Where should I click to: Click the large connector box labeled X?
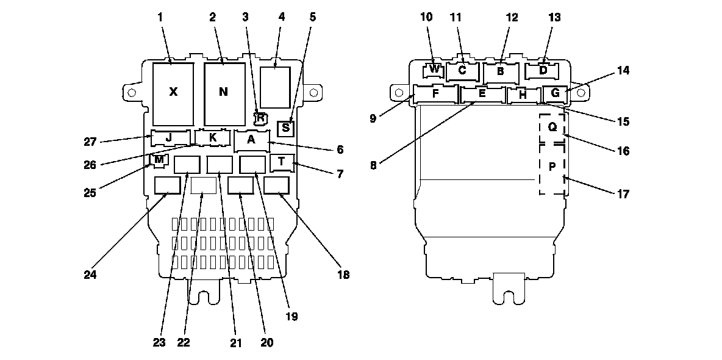coord(173,93)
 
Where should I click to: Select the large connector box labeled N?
coord(223,93)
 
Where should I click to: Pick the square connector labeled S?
coord(285,129)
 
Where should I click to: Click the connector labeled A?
coord(251,140)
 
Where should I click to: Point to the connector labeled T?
coord(282,162)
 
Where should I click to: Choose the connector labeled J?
coord(169,137)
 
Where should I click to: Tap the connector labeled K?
coord(212,138)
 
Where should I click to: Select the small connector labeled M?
coord(159,160)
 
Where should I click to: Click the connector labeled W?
coord(434,69)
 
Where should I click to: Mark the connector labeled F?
coord(435,94)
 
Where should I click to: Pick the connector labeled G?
coord(555,94)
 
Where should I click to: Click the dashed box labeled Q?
coord(552,128)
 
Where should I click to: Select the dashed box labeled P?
coord(552,167)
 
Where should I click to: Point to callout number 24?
coord(90,275)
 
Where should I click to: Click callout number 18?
coord(343,275)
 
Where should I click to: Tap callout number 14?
coord(622,70)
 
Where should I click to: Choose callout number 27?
coord(90,142)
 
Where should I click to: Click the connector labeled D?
coord(543,70)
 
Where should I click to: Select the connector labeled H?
coord(523,95)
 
